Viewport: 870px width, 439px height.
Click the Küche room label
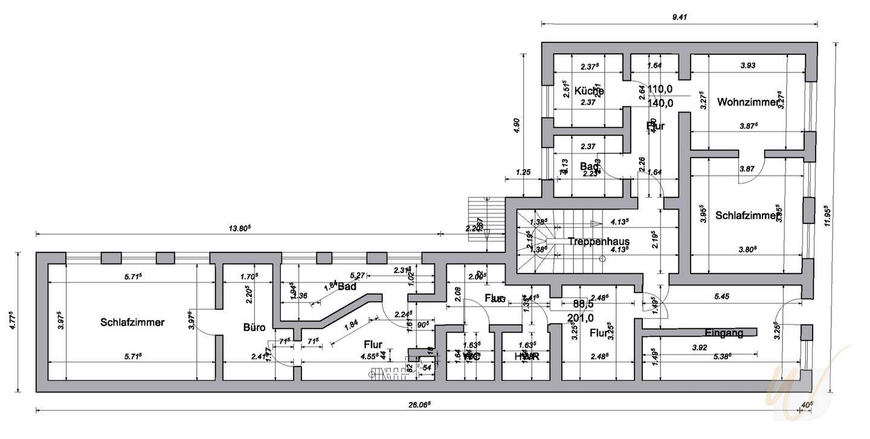click(588, 91)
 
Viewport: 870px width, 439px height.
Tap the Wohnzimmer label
click(747, 102)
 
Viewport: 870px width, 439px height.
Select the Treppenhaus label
click(598, 241)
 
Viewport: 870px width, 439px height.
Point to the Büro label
click(254, 328)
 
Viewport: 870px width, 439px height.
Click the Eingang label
click(723, 333)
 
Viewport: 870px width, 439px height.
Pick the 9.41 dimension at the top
click(680, 18)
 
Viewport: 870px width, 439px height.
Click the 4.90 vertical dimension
click(516, 125)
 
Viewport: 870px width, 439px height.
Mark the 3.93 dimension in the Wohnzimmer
click(747, 66)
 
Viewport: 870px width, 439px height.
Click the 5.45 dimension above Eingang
click(722, 296)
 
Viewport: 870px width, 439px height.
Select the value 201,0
click(580, 318)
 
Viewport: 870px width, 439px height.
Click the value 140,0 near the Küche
click(660, 103)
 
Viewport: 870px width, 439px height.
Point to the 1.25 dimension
click(523, 173)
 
